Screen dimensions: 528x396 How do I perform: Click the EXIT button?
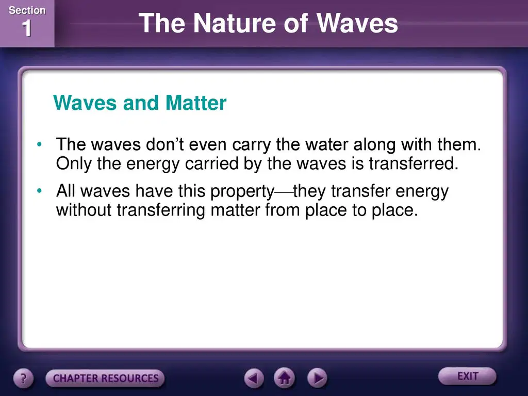[467, 376]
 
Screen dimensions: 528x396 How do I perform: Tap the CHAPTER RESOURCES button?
[105, 378]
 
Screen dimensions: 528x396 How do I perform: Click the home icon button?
[284, 378]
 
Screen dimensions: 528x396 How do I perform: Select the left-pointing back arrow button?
[254, 378]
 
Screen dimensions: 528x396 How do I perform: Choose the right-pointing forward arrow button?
[317, 378]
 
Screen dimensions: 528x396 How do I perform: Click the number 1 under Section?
[27, 28]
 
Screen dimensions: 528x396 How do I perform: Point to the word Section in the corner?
[27, 10]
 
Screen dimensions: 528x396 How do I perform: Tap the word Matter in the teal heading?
[196, 103]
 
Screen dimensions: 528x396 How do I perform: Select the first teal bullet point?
[39, 144]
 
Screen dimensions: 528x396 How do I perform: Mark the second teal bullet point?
[39, 191]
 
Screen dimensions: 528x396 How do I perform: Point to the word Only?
[74, 164]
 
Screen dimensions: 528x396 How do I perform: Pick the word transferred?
[414, 163]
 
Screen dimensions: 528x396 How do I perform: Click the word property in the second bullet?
[242, 192]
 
